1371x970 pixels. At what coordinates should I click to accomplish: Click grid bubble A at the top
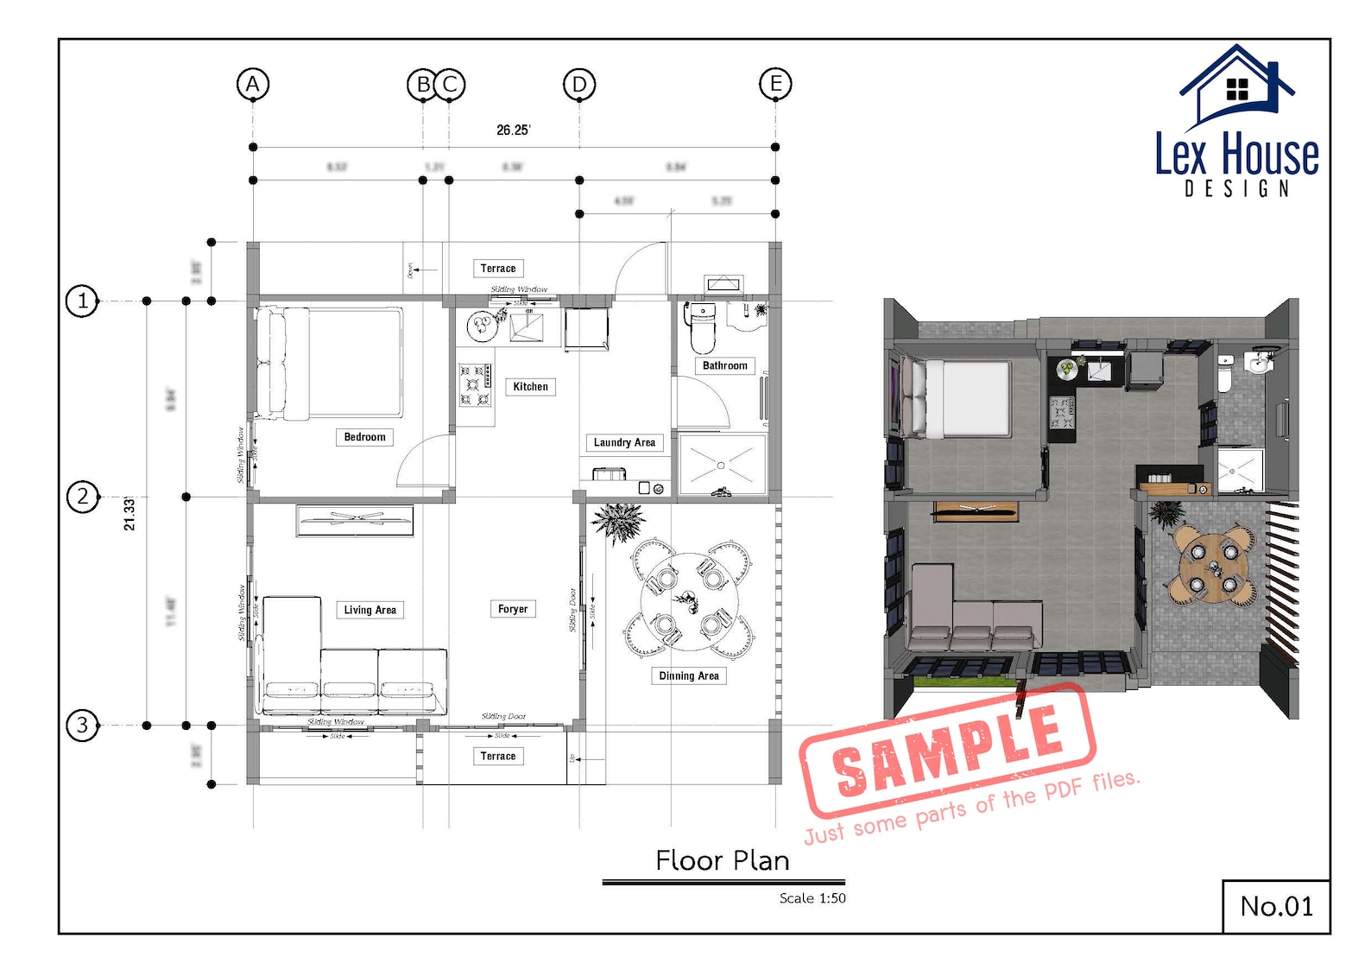coord(253,84)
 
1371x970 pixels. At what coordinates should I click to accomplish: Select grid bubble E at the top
coord(775,84)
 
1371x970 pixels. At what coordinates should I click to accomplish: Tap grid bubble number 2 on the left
coord(83,497)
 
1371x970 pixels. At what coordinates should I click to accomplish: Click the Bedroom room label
coord(364,437)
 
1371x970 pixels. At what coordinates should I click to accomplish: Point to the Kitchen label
coord(530,387)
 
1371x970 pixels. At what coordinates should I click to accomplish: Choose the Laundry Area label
coord(624,442)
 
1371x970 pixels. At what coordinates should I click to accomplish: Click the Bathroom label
coord(724,365)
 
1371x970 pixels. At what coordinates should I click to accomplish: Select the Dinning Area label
coord(688,675)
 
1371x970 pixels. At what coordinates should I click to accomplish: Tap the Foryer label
coord(513,609)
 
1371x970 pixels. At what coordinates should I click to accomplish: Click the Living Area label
coord(370,610)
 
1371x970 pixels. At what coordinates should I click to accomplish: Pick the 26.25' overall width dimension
coord(513,130)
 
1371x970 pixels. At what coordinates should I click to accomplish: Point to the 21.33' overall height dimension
coord(130,513)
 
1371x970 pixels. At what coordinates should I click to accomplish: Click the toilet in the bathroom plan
coord(703,328)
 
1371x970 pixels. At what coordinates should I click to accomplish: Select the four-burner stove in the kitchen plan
coord(476,384)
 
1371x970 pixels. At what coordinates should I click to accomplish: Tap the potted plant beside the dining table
coord(617,521)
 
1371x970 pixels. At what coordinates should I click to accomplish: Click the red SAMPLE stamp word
coord(947,749)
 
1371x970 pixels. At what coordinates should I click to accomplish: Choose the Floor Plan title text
coord(722,860)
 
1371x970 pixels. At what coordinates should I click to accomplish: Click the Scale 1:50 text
coord(812,898)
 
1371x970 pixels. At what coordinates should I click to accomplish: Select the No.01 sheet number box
coord(1275,906)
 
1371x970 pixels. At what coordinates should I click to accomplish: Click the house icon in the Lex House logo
coord(1236,86)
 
